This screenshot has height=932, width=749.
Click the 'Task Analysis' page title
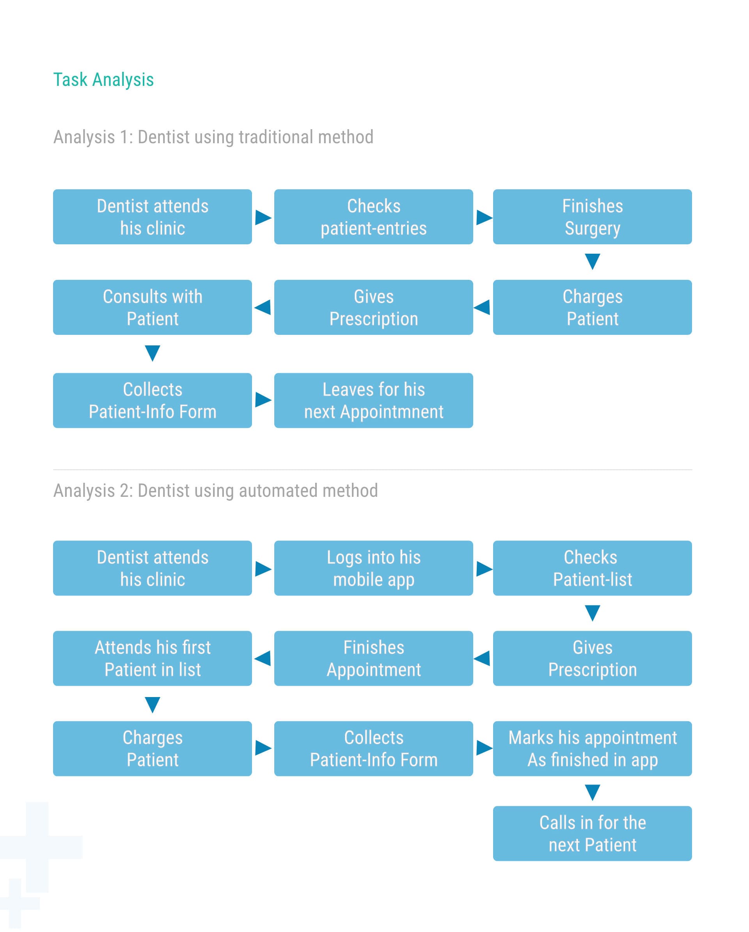[103, 80]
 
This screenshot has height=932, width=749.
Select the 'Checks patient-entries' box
[373, 217]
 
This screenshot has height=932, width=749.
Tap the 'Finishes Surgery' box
[592, 217]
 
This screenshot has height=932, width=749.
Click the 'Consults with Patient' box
[153, 308]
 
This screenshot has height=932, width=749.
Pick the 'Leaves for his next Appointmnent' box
[373, 400]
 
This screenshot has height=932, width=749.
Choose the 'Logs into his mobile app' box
[373, 568]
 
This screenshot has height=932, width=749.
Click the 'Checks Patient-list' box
[592, 568]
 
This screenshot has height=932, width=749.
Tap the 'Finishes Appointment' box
[373, 658]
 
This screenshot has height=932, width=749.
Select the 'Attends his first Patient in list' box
[153, 658]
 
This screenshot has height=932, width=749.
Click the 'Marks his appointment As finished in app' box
[592, 749]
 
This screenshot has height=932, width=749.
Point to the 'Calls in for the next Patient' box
[592, 833]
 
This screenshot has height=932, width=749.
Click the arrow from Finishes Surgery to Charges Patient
[592, 261]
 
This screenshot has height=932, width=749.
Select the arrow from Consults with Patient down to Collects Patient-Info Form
[153, 353]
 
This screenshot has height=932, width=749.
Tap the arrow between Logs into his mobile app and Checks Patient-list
[484, 569]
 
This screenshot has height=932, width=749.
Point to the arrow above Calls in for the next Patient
[592, 792]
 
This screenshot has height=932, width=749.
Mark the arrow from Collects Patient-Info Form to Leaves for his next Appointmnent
[263, 400]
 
